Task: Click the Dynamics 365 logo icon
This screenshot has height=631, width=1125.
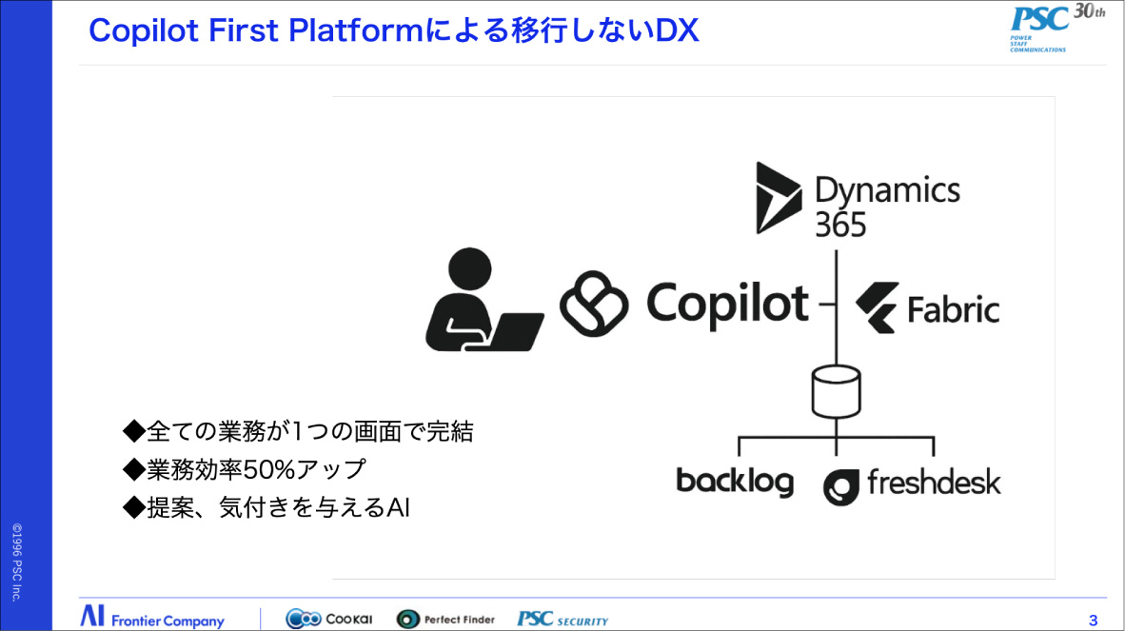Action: [x=779, y=197]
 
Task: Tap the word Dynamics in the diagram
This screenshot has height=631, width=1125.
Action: [x=887, y=189]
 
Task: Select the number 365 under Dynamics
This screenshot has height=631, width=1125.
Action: [x=840, y=225]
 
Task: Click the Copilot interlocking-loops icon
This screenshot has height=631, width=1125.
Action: [x=595, y=304]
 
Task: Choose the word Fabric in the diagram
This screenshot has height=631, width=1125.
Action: [x=953, y=310]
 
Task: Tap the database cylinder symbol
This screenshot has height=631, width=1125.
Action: [x=836, y=388]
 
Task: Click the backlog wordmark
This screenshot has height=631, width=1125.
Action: [x=734, y=481]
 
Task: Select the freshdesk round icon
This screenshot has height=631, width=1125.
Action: [x=841, y=486]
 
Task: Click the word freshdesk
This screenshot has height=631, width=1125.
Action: [x=934, y=483]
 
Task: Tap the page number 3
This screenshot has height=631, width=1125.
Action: [x=1093, y=621]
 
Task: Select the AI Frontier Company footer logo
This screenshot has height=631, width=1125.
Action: [x=152, y=618]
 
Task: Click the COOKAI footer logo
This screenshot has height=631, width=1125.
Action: [x=329, y=619]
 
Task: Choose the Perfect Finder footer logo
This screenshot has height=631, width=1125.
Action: [x=445, y=619]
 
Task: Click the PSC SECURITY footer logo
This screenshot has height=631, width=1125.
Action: [x=562, y=619]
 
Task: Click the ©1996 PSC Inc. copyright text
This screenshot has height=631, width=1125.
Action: [x=16, y=561]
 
